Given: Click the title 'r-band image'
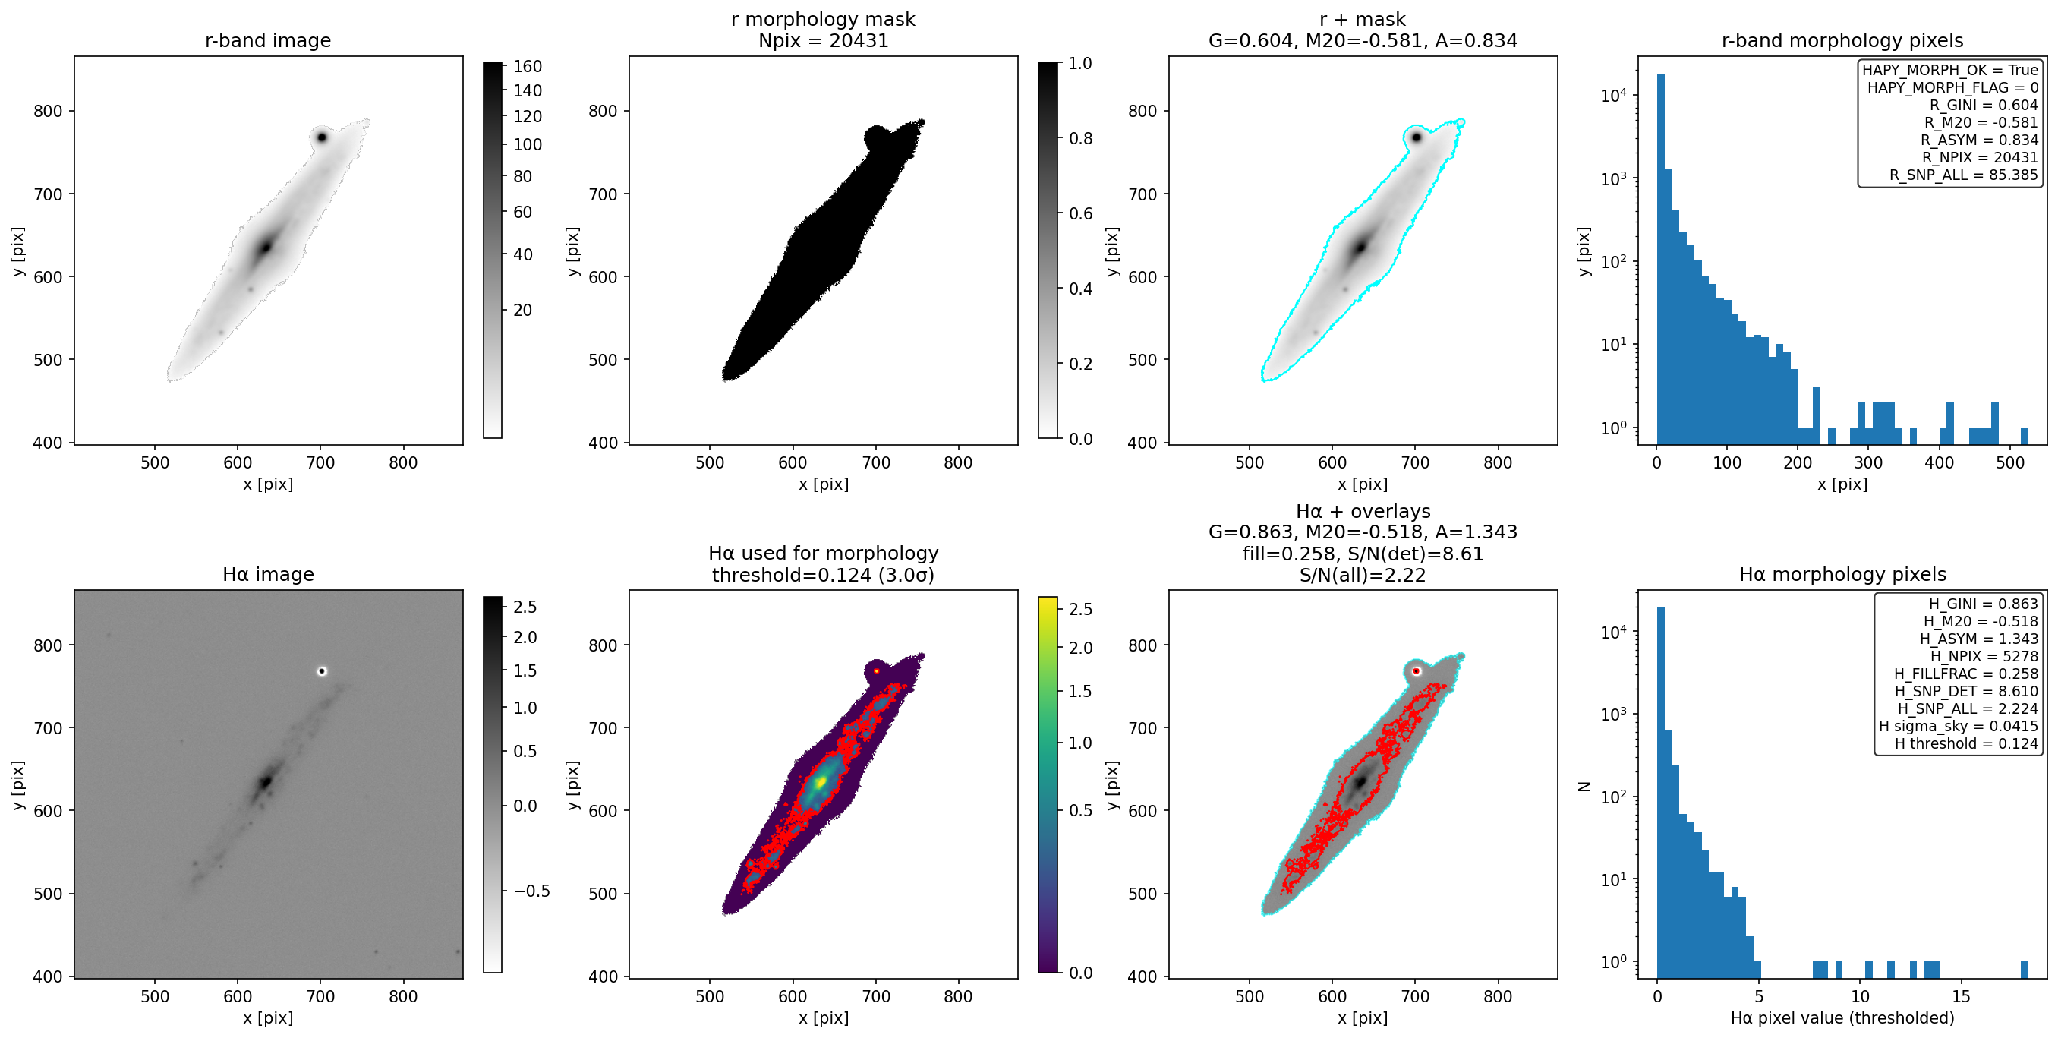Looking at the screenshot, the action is pyautogui.click(x=268, y=40).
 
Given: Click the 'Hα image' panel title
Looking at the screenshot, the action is pyautogui.click(x=268, y=574).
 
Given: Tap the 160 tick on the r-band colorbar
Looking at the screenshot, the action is pyautogui.click(x=528, y=66).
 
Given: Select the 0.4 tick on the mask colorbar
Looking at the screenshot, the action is pyautogui.click(x=1081, y=289).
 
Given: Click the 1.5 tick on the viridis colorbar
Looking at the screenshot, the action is pyautogui.click(x=1081, y=691).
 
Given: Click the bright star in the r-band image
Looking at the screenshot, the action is pyautogui.click(x=322, y=137).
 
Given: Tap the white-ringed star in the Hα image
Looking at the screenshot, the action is pyautogui.click(x=322, y=671).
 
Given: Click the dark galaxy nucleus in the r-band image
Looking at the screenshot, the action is pyautogui.click(x=265, y=247).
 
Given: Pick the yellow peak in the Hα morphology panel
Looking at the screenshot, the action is pyautogui.click(x=821, y=781).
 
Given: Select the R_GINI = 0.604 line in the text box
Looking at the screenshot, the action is pyautogui.click(x=1984, y=105).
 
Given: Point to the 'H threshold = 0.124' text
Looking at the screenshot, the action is pyautogui.click(x=1966, y=743).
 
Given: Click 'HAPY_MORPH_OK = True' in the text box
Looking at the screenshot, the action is pyautogui.click(x=1950, y=70).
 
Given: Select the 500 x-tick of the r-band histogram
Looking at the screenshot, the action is pyautogui.click(x=2010, y=462).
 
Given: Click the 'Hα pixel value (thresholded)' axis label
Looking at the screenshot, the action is pyautogui.click(x=1842, y=1018).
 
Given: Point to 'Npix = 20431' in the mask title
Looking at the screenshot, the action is pyautogui.click(x=823, y=40).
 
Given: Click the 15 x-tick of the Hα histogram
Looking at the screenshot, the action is pyautogui.click(x=1961, y=996).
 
